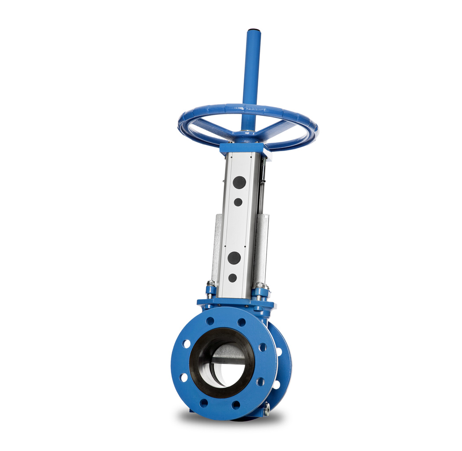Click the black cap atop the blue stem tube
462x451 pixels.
(x=253, y=31)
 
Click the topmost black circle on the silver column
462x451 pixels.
(x=239, y=182)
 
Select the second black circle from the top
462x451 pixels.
(x=238, y=202)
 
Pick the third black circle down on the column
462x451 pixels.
(x=234, y=258)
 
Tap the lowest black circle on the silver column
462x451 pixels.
(x=232, y=278)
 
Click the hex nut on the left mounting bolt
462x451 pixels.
(x=211, y=284)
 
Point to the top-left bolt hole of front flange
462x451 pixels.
(x=210, y=321)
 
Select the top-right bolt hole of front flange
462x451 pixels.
(x=242, y=322)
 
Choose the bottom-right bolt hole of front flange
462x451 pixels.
(x=237, y=404)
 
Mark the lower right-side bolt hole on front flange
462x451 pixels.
(x=260, y=382)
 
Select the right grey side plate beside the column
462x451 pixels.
(x=262, y=246)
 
